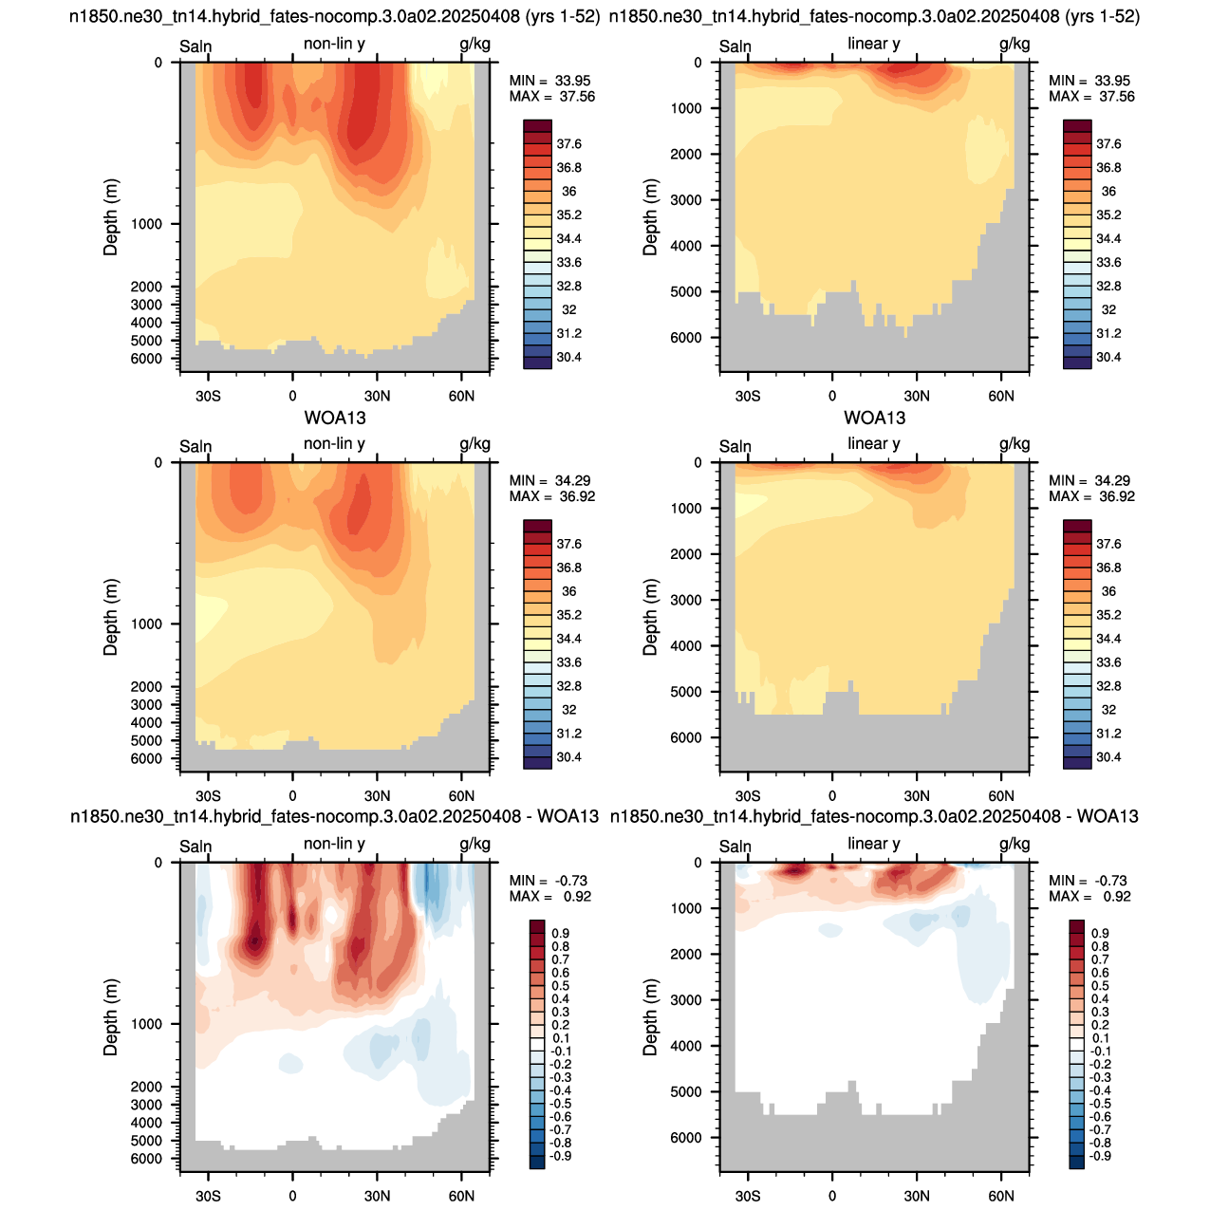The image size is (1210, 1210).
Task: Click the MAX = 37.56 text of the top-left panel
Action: pos(552,97)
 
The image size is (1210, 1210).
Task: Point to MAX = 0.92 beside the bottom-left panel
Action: pos(550,896)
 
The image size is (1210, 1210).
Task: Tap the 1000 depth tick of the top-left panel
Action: pos(146,224)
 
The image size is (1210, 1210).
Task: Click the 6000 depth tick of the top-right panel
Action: pos(686,338)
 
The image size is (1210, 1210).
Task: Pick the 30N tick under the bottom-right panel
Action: pos(917,1196)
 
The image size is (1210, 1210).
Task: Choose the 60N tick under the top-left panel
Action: pos(461,396)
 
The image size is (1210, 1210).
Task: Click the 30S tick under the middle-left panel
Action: pos(208,795)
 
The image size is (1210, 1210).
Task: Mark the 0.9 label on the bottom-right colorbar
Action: pos(1100,933)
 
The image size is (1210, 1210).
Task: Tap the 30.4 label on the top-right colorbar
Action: pos(1108,357)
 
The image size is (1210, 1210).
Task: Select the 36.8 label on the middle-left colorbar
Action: pos(568,568)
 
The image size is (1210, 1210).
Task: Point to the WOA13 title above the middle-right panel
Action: pos(874,418)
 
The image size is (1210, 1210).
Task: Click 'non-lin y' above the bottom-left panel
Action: pos(334,844)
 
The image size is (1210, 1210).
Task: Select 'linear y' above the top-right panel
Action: pos(873,44)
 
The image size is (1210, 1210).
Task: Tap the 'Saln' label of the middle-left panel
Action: pos(195,446)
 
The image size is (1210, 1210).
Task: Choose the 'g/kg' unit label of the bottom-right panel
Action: pos(1015,845)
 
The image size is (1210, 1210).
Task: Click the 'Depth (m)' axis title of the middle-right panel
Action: pos(649,617)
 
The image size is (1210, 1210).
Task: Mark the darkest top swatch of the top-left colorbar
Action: pos(537,126)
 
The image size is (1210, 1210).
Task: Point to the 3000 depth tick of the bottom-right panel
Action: pos(686,999)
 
